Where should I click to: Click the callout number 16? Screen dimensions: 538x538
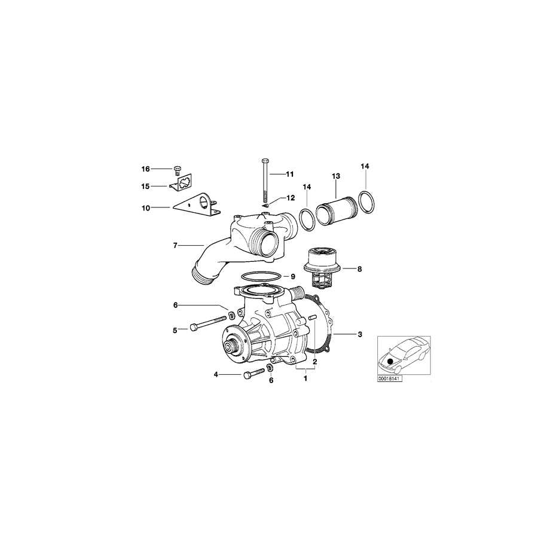(x=145, y=169)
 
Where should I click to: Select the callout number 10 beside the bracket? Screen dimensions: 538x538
(x=145, y=207)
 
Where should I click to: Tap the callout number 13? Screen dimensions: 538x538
(x=336, y=176)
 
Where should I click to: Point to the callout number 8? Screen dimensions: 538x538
(x=359, y=270)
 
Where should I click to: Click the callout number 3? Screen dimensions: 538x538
(x=359, y=334)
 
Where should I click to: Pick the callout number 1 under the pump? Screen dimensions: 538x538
(x=305, y=378)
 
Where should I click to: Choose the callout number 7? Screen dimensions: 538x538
(x=175, y=245)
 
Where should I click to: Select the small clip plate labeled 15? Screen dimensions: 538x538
(x=184, y=184)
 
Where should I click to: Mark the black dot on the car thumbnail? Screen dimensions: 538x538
(x=391, y=360)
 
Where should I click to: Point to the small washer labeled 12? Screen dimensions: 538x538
(x=265, y=204)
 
